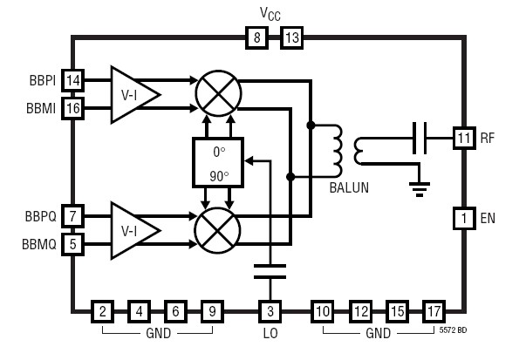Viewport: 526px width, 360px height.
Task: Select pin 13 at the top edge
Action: click(x=290, y=37)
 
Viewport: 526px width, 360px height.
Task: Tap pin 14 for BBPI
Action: click(x=72, y=81)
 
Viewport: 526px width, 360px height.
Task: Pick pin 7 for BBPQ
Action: click(x=72, y=216)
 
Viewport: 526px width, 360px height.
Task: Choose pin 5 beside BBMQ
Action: click(x=72, y=244)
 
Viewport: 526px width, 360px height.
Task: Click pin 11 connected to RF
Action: click(x=463, y=137)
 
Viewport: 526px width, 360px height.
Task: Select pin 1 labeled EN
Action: click(x=463, y=217)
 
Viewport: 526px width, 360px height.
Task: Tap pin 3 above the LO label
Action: click(x=270, y=310)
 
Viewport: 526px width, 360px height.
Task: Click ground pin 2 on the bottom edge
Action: click(x=103, y=310)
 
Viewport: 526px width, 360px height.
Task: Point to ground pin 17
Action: click(x=434, y=310)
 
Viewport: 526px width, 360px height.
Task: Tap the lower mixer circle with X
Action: click(x=214, y=230)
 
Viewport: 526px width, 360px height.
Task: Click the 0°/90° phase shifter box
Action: click(x=218, y=162)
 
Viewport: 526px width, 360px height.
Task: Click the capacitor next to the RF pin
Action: click(x=419, y=137)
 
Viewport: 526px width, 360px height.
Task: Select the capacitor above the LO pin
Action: click(x=271, y=272)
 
